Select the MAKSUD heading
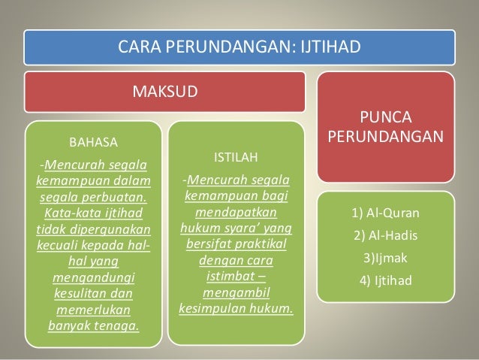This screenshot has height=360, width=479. (165, 92)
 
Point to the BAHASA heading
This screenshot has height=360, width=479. (93, 141)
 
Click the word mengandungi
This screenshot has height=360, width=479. (93, 278)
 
